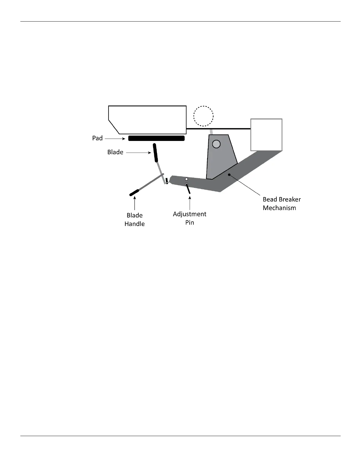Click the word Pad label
coord(97,138)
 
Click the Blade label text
coord(115,152)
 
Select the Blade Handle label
coord(134,220)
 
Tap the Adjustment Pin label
coord(190,218)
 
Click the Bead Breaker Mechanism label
coord(282,204)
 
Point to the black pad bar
coord(157,138)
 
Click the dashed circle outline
coord(203,116)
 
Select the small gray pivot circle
coord(216,144)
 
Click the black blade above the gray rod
coord(155,153)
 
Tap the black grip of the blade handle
coord(134,193)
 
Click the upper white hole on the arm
coord(186,179)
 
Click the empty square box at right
coord(266,135)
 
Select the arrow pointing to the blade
coord(138,152)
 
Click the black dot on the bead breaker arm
coord(229,175)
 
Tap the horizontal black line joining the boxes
coord(218,129)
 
